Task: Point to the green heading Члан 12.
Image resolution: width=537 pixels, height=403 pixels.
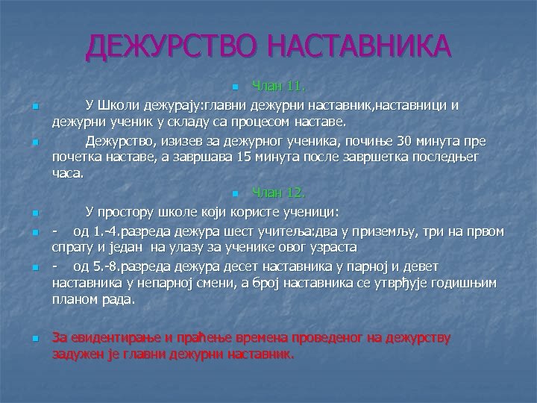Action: pos(278,193)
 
